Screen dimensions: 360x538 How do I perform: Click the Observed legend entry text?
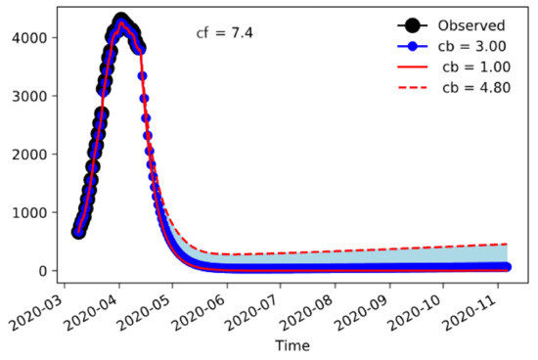[x=473, y=25]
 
